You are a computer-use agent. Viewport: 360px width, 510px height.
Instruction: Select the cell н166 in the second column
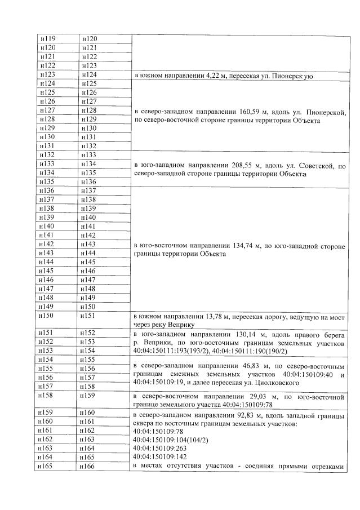pyautogui.click(x=89, y=466)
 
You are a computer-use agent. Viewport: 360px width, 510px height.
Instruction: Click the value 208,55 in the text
pyautogui.click(x=243, y=165)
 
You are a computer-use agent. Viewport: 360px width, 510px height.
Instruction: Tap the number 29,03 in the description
pyautogui.click(x=248, y=397)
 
